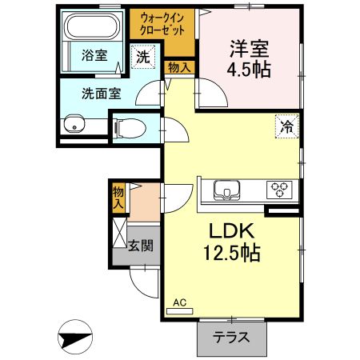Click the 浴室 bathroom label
tap(94, 55)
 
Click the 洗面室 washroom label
tap(101, 93)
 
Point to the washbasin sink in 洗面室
tap(75, 124)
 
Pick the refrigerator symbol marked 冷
tap(286, 125)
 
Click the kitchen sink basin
tap(226, 190)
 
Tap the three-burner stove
tap(278, 190)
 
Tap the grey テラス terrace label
tap(230, 337)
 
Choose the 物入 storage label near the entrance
tap(118, 198)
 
